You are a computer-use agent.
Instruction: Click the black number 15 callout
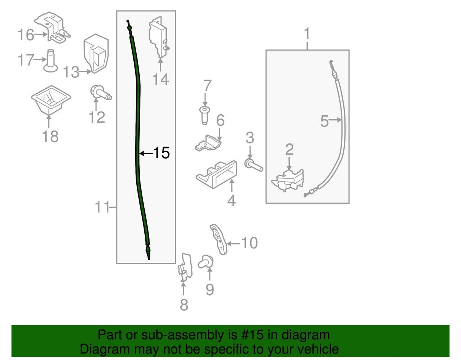click(161, 153)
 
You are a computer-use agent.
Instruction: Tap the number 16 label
click(26, 35)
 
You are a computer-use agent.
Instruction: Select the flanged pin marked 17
click(51, 61)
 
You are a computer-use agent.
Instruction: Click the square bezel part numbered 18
click(51, 100)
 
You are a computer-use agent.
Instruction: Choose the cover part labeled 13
click(96, 54)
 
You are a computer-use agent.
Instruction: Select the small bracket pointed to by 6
click(208, 143)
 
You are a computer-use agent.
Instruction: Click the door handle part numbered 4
click(217, 174)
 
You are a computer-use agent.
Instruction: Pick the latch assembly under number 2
click(288, 180)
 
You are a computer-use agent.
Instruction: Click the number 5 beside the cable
click(324, 121)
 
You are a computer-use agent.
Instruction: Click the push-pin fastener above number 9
click(205, 262)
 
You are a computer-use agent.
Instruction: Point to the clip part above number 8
click(185, 267)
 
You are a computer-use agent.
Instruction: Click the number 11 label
click(102, 207)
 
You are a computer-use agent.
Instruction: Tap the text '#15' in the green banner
click(250, 335)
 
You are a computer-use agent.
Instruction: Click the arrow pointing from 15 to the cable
click(146, 153)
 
